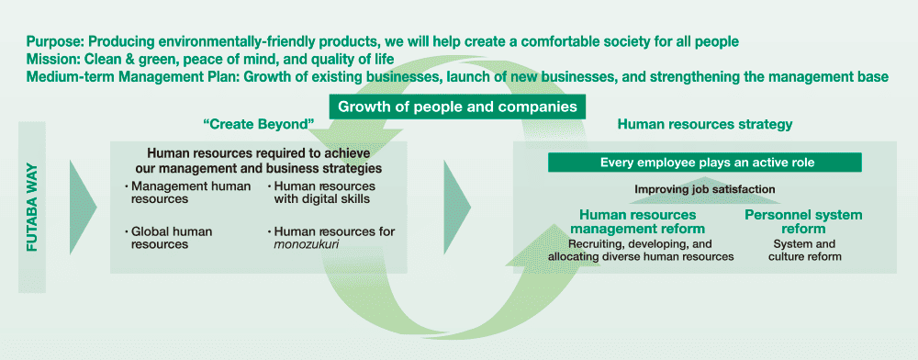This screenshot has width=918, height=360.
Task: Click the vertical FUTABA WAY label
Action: point(31,207)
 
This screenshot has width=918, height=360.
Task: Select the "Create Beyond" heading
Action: point(259,124)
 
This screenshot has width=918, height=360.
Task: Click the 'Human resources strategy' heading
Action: point(705,124)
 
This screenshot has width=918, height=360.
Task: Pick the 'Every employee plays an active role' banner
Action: point(706,163)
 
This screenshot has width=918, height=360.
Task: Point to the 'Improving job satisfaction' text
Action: point(705,189)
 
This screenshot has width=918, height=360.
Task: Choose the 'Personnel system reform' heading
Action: point(803,221)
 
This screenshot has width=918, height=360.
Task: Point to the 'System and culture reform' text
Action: point(803,251)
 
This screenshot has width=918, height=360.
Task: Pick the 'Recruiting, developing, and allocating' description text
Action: point(641,251)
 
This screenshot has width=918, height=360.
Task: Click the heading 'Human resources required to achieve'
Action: point(258,154)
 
